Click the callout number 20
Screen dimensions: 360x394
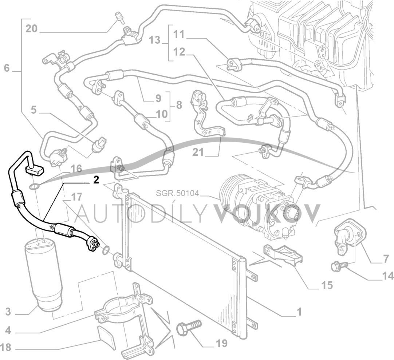click(x=32, y=28)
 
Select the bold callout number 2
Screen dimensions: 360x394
click(x=96, y=180)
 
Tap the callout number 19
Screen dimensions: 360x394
click(x=221, y=343)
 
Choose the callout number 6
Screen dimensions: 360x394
click(x=7, y=68)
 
